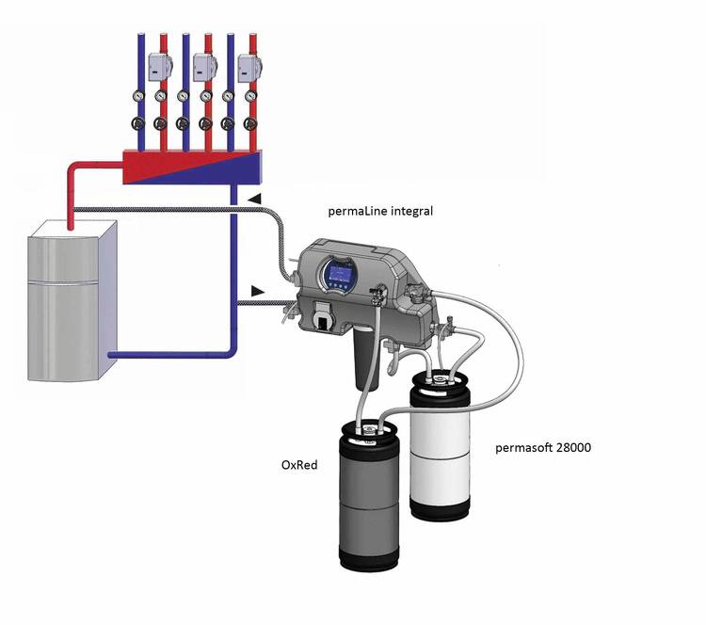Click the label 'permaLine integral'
[x=380, y=212]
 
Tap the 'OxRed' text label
[x=301, y=464]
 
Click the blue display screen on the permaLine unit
[x=338, y=276]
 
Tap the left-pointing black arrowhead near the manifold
[x=255, y=199]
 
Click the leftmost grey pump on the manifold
[x=159, y=66]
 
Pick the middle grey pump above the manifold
[x=204, y=66]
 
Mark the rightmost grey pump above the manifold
[x=249, y=66]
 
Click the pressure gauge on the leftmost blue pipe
[x=139, y=95]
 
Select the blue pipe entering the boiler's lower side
[x=169, y=355]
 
